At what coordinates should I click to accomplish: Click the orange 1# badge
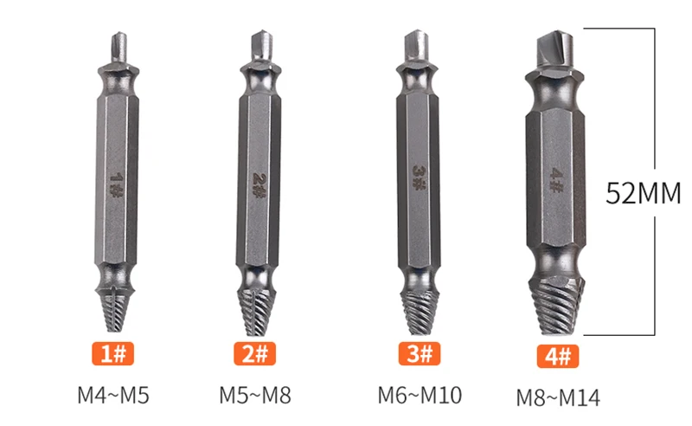point(112,353)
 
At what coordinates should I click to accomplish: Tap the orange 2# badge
point(254,353)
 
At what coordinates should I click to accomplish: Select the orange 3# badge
point(420,353)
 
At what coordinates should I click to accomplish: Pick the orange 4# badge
point(558,356)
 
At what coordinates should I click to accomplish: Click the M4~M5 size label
point(113,395)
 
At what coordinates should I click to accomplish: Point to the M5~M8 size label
point(255,395)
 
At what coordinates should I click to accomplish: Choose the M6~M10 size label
point(420,395)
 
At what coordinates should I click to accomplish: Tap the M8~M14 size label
point(558,397)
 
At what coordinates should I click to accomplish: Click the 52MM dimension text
point(643,193)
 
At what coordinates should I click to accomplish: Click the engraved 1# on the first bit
point(116,184)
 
